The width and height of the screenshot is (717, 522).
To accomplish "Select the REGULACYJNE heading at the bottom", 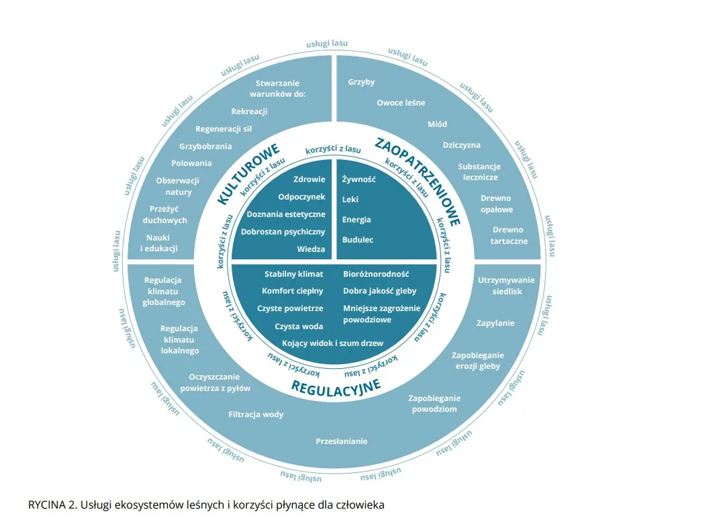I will click(336, 388).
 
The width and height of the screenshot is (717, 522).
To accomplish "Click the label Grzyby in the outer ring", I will click(361, 82).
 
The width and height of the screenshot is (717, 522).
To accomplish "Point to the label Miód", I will click(437, 124).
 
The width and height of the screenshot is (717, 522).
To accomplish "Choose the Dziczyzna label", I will click(461, 145).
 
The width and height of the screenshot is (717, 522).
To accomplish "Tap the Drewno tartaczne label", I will click(510, 235).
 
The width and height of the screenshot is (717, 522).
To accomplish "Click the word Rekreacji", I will click(250, 112).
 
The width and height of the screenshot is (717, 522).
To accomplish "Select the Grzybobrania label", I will click(205, 146).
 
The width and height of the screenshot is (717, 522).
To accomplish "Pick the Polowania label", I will click(191, 163).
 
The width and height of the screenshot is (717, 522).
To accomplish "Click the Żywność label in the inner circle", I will click(358, 179).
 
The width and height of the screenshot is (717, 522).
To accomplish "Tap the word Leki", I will click(350, 200).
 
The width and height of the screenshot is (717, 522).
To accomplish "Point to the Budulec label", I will click(357, 239).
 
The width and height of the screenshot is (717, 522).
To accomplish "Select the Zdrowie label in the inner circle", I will click(309, 179).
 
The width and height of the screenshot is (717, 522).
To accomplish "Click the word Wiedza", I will click(311, 249).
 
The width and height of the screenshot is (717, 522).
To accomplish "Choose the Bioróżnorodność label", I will click(376, 274).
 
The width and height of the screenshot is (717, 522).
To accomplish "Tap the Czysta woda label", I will click(299, 327).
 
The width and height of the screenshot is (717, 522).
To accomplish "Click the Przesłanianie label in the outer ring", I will click(342, 441).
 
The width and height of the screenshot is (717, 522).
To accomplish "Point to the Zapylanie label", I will click(495, 323).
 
